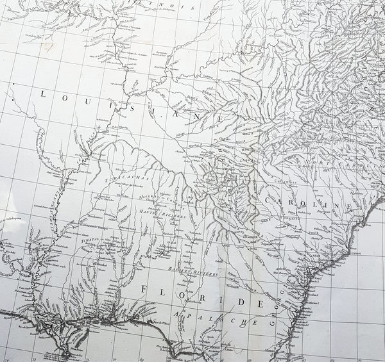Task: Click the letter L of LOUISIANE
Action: pos(44,94)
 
